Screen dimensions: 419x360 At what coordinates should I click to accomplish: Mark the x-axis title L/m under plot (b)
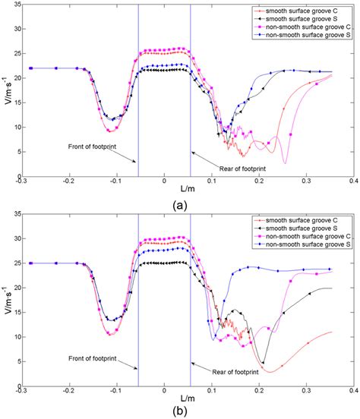point(164,399)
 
